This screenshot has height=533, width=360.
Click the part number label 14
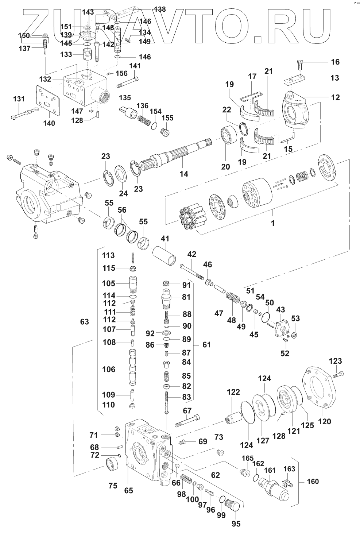tap(184, 174)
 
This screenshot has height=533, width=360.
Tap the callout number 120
tap(324, 422)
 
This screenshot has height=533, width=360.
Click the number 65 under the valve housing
tap(128, 491)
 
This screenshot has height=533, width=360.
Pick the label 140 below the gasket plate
tap(49, 123)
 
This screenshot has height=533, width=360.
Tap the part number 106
tap(108, 370)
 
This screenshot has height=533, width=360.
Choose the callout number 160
tap(312, 482)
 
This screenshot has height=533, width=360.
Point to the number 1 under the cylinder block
tap(272, 223)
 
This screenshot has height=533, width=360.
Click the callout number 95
tap(236, 524)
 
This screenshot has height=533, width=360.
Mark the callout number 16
tap(335, 62)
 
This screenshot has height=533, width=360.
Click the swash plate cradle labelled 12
tap(295, 109)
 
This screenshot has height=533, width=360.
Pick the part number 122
tap(233, 392)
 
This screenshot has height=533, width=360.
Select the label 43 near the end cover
tap(280, 309)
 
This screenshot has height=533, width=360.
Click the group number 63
tap(85, 322)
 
